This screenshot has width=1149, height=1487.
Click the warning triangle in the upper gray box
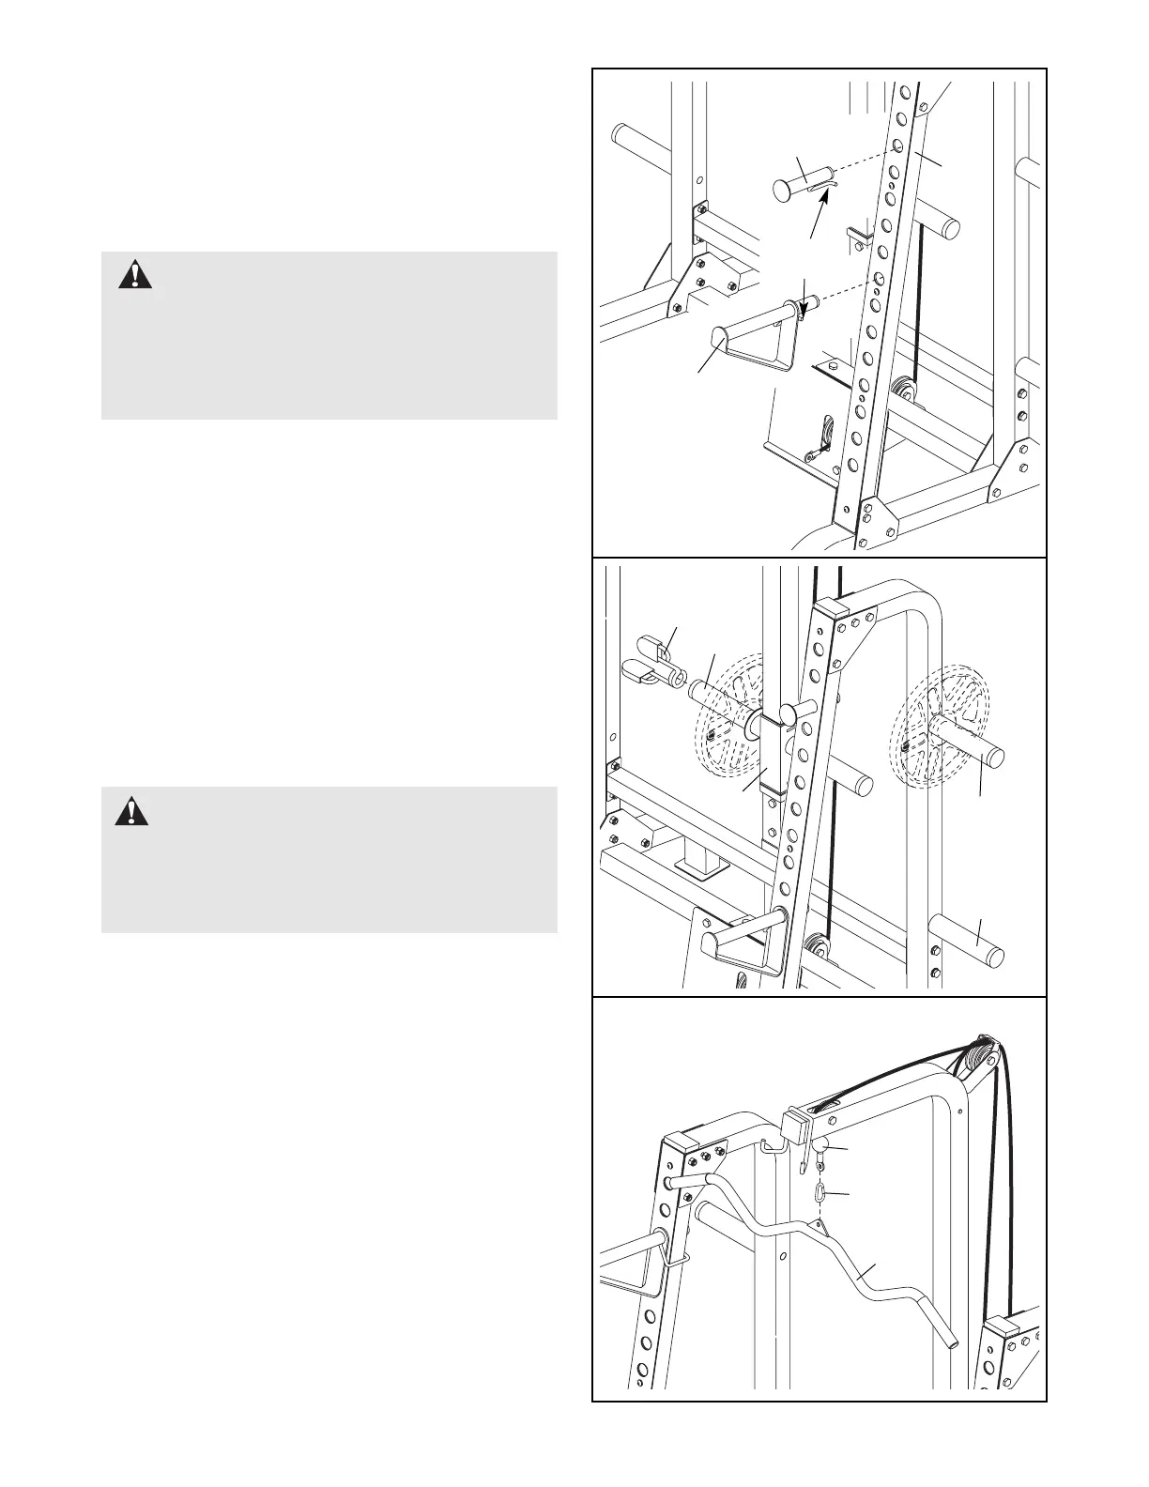(136, 274)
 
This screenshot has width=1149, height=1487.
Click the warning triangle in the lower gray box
(131, 810)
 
